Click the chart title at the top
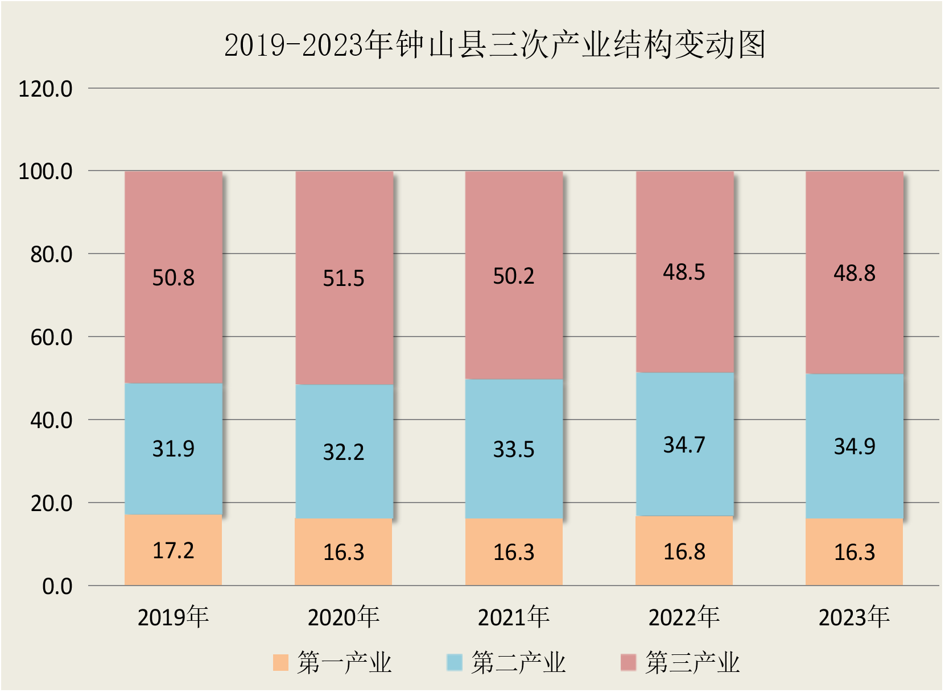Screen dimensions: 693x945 pyautogui.click(x=494, y=45)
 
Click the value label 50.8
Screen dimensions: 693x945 pyautogui.click(x=173, y=278)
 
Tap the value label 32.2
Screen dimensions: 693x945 pyautogui.click(x=344, y=452)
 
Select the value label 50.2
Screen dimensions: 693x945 pyautogui.click(x=514, y=276)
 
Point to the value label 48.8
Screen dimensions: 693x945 pyautogui.click(x=855, y=273)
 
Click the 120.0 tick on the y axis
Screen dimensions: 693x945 pyautogui.click(x=46, y=89)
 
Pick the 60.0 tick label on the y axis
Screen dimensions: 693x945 pyautogui.click(x=51, y=338)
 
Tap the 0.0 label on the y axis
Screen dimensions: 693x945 pyautogui.click(x=57, y=587)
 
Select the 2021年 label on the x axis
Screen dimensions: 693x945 pyautogui.click(x=514, y=617)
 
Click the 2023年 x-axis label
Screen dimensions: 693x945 pyautogui.click(x=855, y=617)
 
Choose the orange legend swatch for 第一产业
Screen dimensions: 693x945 pyautogui.click(x=281, y=663)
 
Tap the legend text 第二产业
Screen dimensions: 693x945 pyautogui.click(x=518, y=663)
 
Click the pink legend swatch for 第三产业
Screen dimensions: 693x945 pyautogui.click(x=628, y=663)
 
